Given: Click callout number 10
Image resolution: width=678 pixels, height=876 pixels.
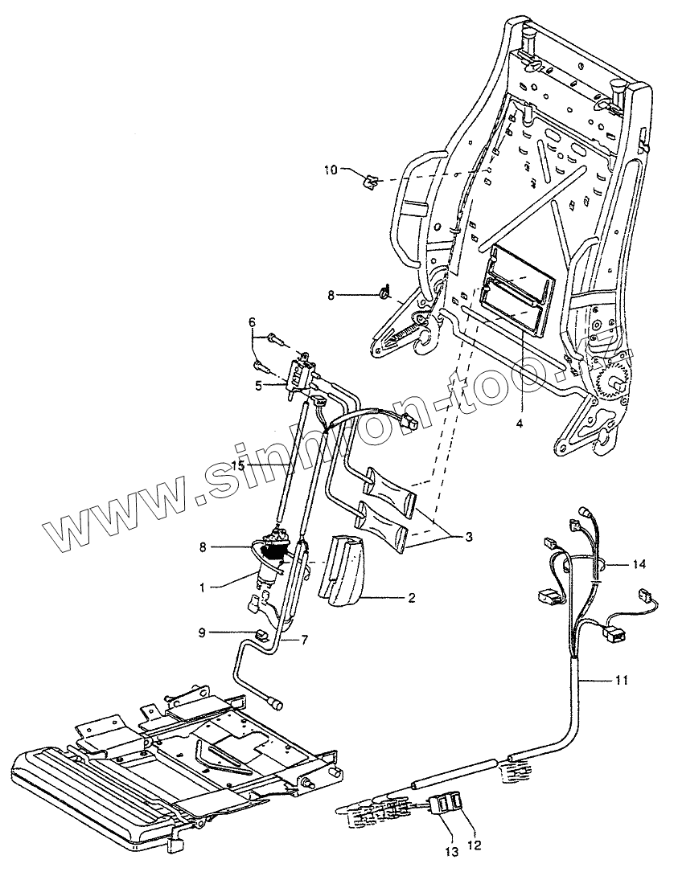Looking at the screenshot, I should pos(331,170).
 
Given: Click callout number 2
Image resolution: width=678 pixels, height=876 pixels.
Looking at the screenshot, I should pos(411,598).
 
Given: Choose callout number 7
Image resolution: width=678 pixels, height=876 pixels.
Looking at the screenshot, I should pos(304,641).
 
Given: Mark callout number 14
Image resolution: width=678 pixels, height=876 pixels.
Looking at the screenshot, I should pos(639,565).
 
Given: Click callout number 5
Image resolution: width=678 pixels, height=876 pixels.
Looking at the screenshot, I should pos(257,386).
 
